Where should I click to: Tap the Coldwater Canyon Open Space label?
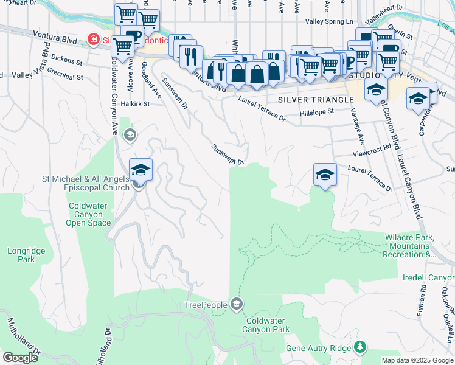coord(89,214)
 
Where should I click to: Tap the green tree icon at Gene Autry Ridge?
coord(361,347)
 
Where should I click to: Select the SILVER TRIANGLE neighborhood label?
coord(315,99)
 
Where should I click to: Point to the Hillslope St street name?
coord(317,113)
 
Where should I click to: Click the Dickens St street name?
coord(68,61)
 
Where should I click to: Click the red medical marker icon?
coord(93,40)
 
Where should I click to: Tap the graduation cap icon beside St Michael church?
coord(141,170)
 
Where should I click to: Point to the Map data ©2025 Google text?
coord(417,360)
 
